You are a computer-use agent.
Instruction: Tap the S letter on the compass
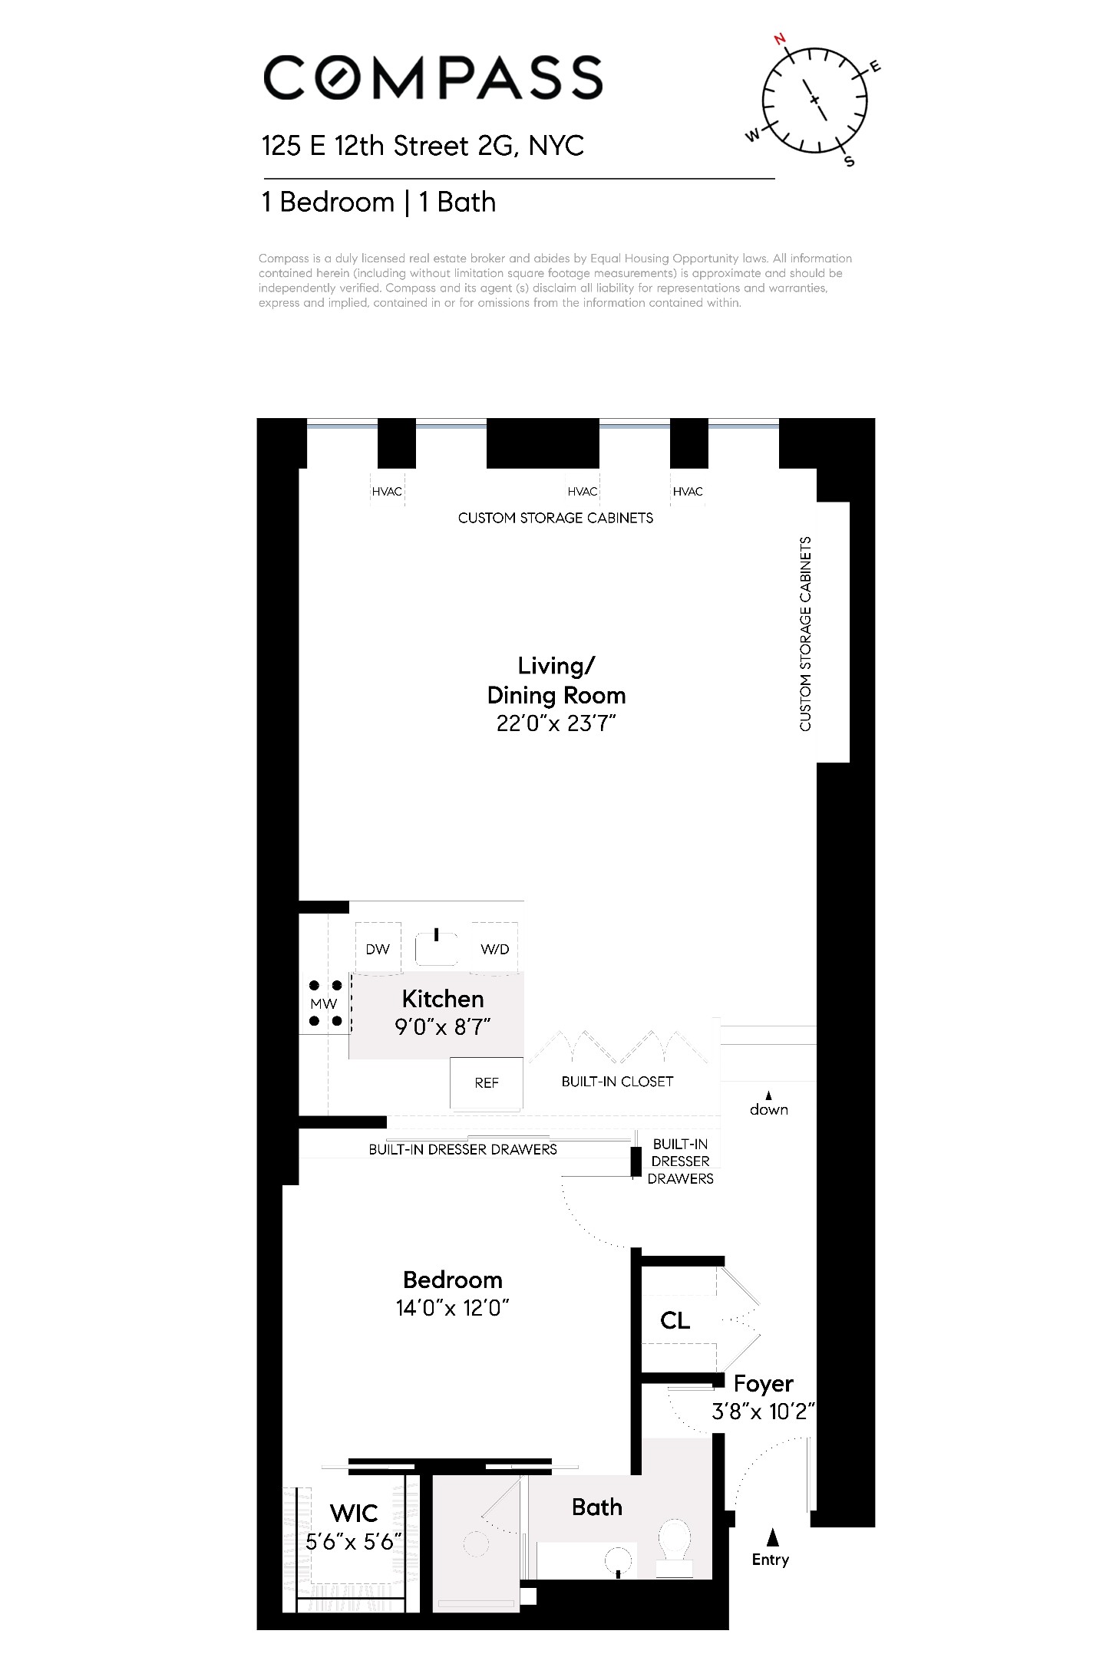tap(849, 161)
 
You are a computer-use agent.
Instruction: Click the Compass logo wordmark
tap(432, 77)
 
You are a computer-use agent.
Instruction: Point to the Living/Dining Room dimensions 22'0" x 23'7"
tap(556, 723)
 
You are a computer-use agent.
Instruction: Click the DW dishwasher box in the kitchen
tap(378, 949)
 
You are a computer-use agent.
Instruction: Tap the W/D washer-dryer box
tap(494, 949)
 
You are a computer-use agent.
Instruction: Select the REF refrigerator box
tap(487, 1082)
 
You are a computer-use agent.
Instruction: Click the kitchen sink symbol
tap(436, 947)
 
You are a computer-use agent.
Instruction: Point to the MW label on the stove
tap(324, 1003)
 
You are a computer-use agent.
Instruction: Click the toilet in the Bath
tap(675, 1540)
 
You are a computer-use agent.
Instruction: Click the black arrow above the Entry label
tap(773, 1537)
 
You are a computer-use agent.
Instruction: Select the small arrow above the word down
tap(768, 1095)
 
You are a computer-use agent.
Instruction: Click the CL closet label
tap(675, 1320)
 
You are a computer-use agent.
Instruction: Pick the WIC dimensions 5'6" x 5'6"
tap(354, 1541)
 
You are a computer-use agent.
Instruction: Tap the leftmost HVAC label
tap(387, 491)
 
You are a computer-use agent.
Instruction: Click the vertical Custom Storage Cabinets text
tap(805, 634)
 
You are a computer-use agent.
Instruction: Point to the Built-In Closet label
tap(617, 1081)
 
